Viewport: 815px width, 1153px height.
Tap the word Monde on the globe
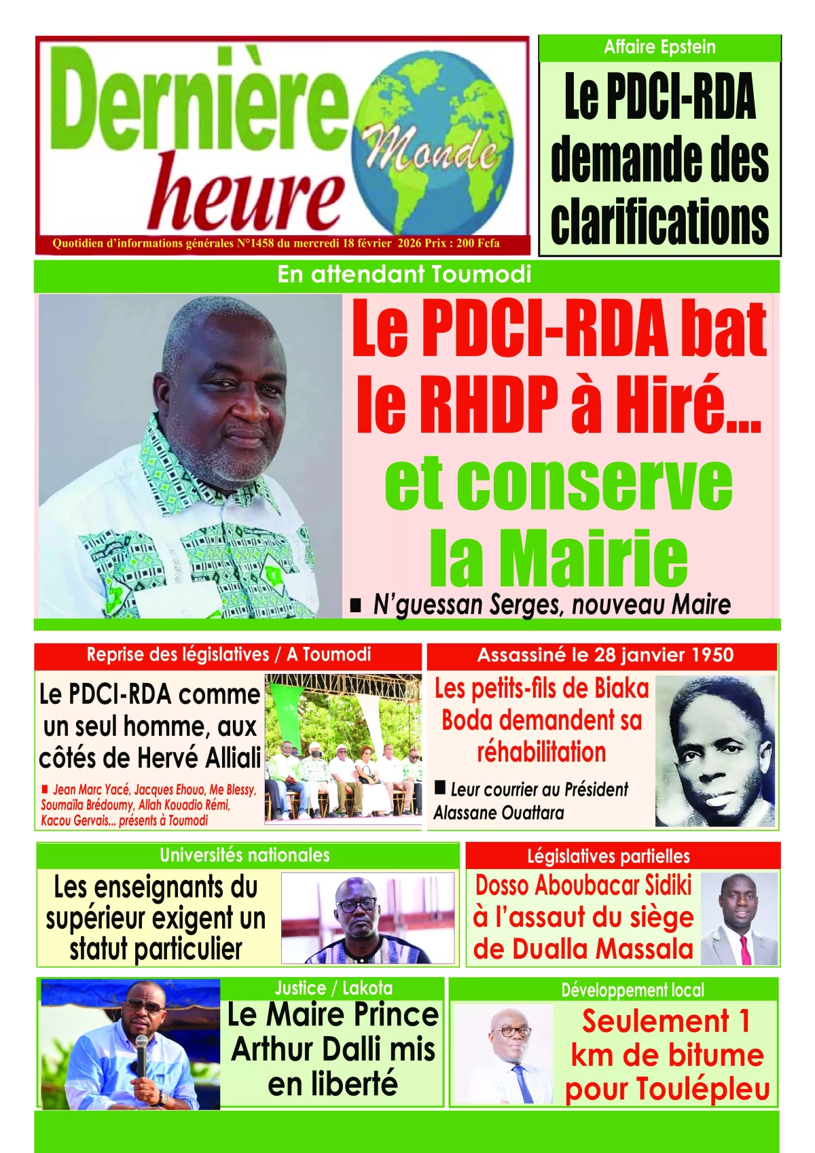(x=429, y=151)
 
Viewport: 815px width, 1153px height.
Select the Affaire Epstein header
(x=659, y=47)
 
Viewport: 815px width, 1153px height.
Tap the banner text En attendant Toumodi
(x=405, y=274)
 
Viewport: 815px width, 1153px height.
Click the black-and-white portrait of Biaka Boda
(x=715, y=751)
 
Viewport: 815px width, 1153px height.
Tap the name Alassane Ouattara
(x=499, y=813)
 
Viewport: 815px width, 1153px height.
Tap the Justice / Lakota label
(x=333, y=988)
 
